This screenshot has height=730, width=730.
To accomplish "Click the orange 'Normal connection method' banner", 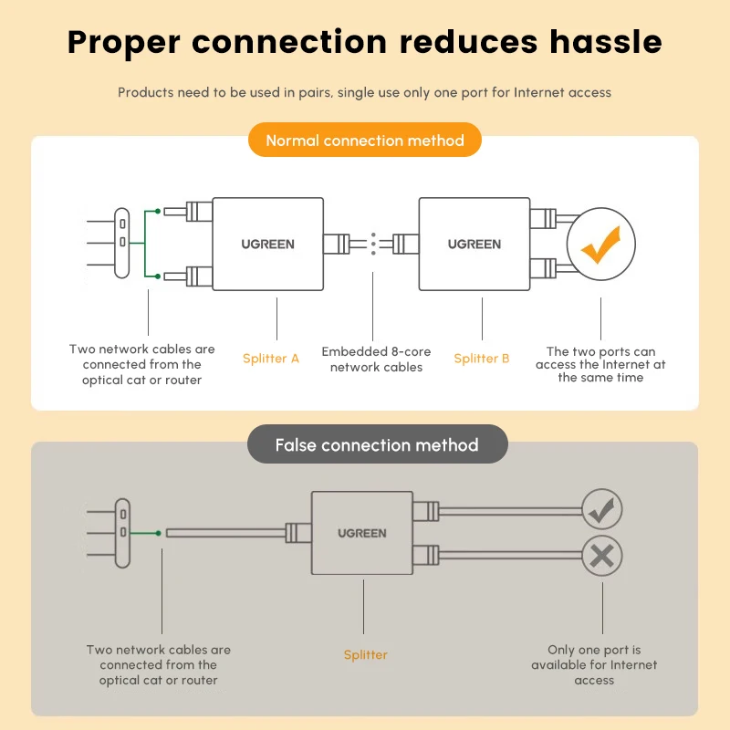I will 365,141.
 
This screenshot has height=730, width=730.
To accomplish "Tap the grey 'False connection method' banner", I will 377,444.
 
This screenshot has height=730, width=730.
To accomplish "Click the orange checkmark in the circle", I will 600,245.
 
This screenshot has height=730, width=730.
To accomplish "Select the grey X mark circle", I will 602,554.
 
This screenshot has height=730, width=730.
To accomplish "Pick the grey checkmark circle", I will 602,509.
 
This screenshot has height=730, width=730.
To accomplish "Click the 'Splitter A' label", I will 271,359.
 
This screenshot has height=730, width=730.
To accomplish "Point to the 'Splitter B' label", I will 482,359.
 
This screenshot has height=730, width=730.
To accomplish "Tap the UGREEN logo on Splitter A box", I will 268,245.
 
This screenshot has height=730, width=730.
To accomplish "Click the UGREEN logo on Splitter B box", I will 474,245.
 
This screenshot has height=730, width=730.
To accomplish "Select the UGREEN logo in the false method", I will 362,533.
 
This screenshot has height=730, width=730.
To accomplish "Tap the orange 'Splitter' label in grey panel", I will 365,654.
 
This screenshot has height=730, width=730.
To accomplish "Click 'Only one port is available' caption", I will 594,665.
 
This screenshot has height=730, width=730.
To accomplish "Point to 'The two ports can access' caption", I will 600,364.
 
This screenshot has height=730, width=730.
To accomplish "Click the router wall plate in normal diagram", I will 121,243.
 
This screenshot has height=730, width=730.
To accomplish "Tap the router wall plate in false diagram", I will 121,532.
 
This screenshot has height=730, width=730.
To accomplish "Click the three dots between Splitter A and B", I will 373,244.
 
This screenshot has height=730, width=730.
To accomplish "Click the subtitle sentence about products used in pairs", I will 365,92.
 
